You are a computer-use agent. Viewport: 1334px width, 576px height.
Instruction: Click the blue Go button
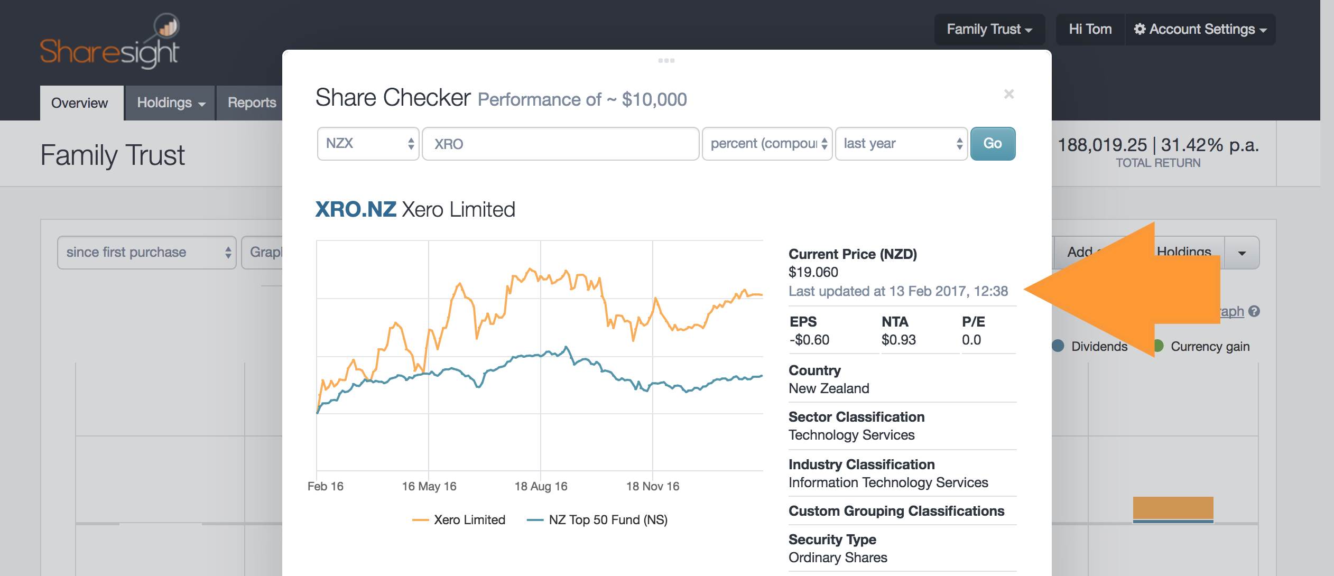tap(992, 144)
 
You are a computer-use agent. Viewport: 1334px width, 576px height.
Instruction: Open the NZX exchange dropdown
tap(368, 144)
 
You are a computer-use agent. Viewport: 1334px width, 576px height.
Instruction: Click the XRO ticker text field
tap(560, 144)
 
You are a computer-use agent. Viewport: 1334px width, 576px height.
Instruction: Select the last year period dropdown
tap(901, 144)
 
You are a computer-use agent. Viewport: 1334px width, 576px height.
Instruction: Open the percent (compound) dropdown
tap(767, 144)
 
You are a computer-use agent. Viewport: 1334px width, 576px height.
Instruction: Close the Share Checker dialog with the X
tap(1008, 94)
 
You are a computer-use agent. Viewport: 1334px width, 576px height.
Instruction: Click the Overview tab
tap(80, 103)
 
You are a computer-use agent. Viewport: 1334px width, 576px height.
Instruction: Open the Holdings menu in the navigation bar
tap(170, 103)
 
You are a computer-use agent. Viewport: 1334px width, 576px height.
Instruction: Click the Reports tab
tap(252, 103)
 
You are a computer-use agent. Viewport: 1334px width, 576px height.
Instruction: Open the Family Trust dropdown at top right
tap(989, 30)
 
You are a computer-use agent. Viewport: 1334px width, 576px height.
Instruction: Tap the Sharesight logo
tap(110, 42)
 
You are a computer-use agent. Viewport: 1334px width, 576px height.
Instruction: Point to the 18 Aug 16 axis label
tap(541, 486)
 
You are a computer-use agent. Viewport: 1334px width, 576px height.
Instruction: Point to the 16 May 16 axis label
tap(429, 486)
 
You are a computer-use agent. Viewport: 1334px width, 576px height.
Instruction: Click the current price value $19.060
tap(813, 272)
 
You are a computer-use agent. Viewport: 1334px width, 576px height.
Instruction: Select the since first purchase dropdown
tap(146, 253)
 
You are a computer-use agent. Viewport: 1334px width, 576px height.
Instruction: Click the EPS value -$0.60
tap(809, 340)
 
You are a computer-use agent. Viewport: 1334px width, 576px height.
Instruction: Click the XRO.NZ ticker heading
tap(356, 210)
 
